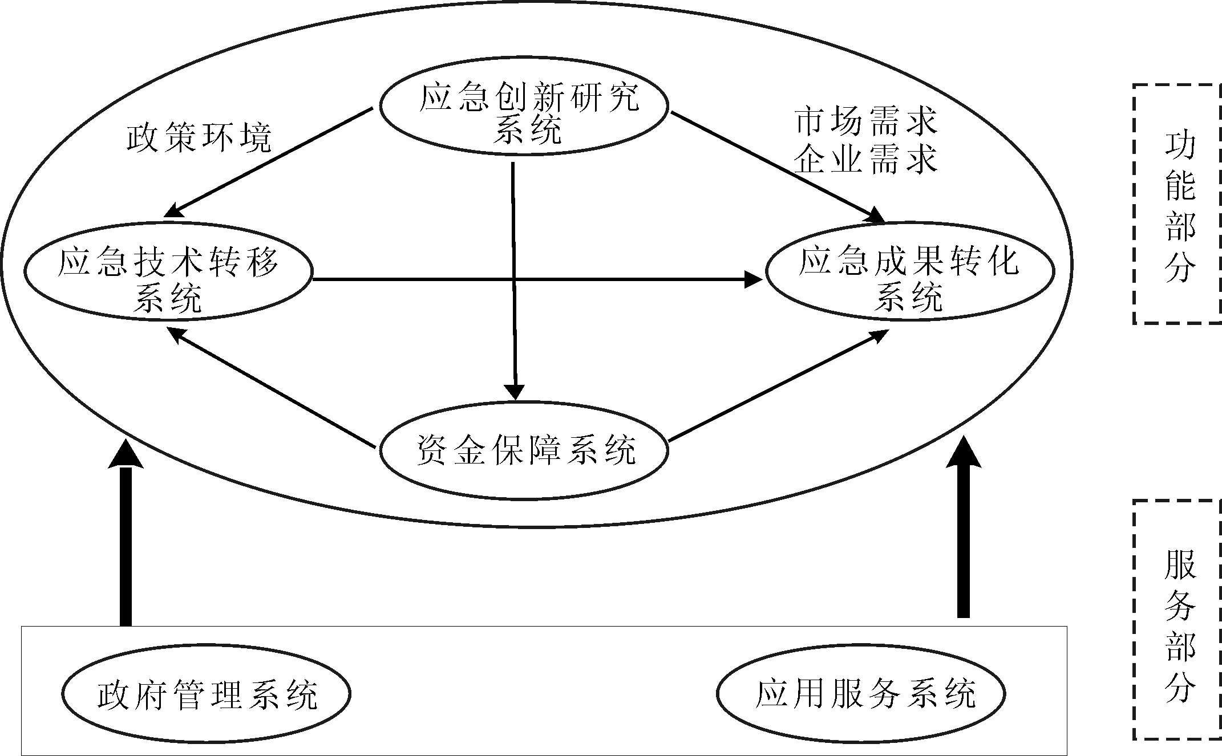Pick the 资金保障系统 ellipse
(x=524, y=451)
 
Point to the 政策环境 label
(x=199, y=137)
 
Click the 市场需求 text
(x=866, y=121)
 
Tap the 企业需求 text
(x=866, y=159)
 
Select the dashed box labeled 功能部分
(x=1178, y=204)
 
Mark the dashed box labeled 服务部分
(x=1178, y=620)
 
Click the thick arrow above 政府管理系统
(x=126, y=536)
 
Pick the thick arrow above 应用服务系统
(x=963, y=530)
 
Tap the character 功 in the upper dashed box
(x=1179, y=147)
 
